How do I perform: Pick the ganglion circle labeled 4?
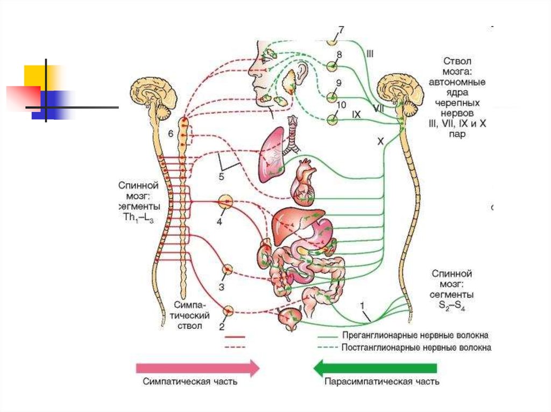click(225, 203)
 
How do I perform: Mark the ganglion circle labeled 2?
click(229, 310)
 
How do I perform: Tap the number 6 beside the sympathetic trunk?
click(170, 134)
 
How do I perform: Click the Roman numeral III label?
click(370, 53)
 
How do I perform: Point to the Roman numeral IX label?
click(356, 114)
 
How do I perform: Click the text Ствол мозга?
click(457, 67)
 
